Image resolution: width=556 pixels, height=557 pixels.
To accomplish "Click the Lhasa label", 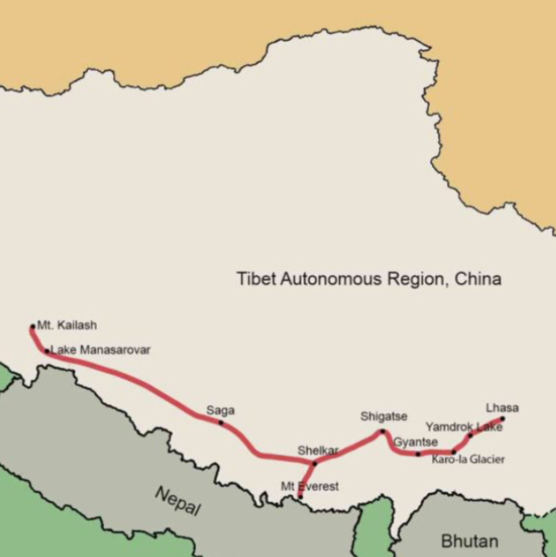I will [x=502, y=408].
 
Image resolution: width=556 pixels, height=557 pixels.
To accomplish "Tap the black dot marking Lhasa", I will [x=502, y=419].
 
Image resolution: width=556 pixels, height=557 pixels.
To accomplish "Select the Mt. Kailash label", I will [x=67, y=325].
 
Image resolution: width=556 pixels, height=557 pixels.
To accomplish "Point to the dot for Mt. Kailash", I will [x=33, y=327].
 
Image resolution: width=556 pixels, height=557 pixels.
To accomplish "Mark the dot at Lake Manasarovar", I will [x=47, y=351].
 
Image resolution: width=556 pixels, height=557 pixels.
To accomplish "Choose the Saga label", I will [x=220, y=410].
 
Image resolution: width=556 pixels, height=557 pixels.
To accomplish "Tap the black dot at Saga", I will [x=221, y=422].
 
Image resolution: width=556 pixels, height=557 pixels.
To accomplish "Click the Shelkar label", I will [x=318, y=450].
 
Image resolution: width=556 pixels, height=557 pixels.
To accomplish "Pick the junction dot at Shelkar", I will [x=315, y=463].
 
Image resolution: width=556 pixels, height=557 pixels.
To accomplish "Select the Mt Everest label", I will [x=310, y=486].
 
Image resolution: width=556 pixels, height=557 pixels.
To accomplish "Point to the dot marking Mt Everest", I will [x=301, y=497].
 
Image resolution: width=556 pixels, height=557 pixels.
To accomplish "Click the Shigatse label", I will [x=384, y=416].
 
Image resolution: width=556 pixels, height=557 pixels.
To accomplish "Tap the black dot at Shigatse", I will [x=383, y=431].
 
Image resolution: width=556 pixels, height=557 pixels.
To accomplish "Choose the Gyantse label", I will [x=415, y=442].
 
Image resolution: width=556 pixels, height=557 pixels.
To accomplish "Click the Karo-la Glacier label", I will [x=468, y=459].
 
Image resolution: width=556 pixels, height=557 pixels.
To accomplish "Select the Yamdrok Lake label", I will [x=464, y=427].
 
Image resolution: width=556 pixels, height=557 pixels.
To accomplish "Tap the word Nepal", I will [x=177, y=501].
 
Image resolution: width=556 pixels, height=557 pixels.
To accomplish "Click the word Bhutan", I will [x=470, y=541].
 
